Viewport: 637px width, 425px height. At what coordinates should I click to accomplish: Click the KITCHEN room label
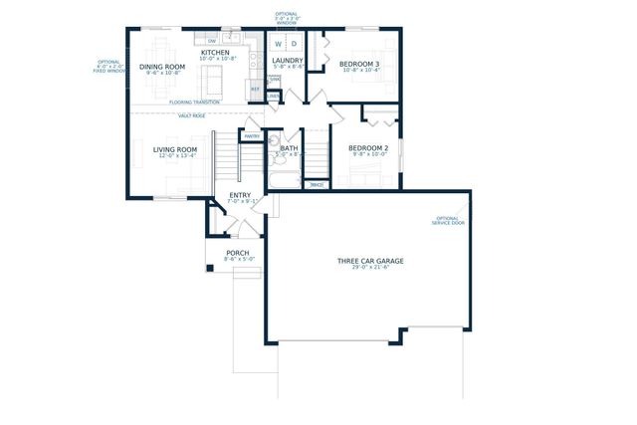click(215, 53)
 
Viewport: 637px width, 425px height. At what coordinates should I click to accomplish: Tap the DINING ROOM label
click(161, 67)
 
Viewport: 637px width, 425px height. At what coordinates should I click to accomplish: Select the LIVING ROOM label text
click(174, 148)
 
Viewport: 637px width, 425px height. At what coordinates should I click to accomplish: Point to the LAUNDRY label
click(287, 60)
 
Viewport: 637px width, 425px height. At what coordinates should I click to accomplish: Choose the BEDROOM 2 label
click(367, 148)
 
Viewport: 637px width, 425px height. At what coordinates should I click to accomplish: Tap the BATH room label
click(289, 148)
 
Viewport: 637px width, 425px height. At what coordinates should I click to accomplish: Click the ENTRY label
click(240, 195)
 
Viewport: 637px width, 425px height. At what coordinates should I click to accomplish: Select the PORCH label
click(237, 253)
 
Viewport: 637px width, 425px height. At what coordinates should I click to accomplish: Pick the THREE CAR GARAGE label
click(369, 261)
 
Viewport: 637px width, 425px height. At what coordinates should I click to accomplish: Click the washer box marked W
click(280, 44)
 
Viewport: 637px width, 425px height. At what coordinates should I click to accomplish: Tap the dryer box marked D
click(295, 44)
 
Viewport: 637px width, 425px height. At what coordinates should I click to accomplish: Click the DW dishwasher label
click(213, 41)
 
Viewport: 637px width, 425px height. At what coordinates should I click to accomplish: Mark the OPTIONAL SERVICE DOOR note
click(448, 221)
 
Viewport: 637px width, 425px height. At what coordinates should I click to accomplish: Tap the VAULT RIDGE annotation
click(192, 115)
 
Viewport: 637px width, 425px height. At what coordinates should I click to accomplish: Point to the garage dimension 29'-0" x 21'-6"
click(369, 269)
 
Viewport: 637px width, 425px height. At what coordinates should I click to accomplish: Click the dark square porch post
click(210, 268)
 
